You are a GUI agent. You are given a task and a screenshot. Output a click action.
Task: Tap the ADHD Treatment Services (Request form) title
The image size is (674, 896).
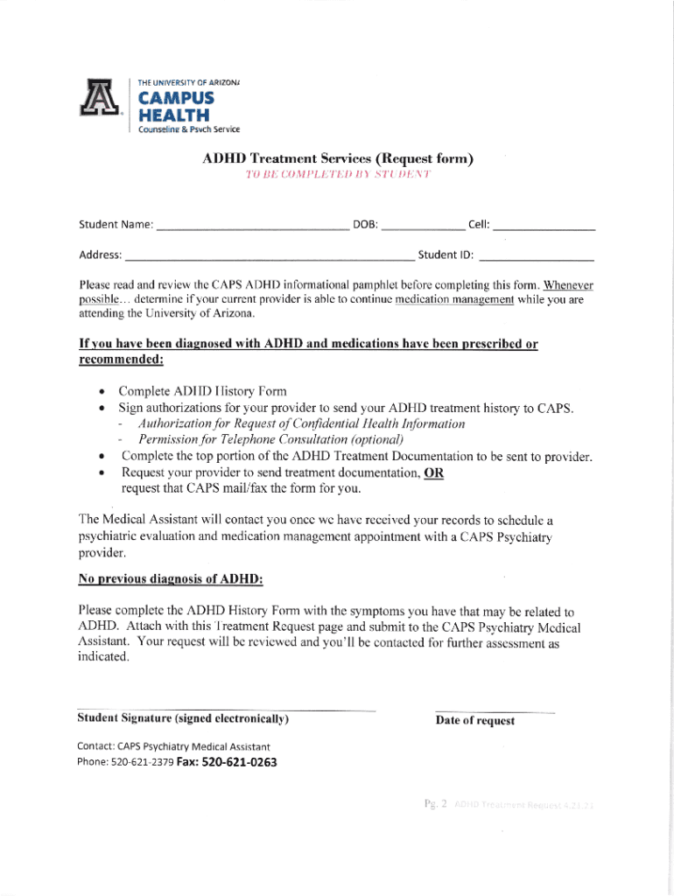[x=338, y=159]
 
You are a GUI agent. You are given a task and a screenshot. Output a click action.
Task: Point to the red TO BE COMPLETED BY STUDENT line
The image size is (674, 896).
[x=338, y=176]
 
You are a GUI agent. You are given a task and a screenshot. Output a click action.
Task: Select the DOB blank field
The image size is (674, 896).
[x=424, y=226]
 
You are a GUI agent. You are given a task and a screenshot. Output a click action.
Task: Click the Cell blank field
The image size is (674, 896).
[x=544, y=226]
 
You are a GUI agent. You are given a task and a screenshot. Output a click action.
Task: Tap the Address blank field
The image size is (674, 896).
[x=269, y=256]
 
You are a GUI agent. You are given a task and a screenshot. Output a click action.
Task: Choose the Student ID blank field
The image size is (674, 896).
[x=537, y=256]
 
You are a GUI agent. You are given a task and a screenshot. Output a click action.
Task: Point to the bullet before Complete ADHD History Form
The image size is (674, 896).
[x=103, y=391]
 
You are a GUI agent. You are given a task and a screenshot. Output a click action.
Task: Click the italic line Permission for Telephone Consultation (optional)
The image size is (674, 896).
[x=270, y=439]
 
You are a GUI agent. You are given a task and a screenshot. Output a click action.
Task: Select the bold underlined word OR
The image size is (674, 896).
[x=433, y=472]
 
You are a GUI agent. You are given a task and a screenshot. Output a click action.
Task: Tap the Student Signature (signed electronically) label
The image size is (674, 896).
[x=183, y=719]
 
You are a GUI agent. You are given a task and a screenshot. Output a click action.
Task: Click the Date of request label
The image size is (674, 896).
[x=475, y=721]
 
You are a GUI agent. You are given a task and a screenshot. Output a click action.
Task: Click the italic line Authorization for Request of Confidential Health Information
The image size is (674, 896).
[x=301, y=423]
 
